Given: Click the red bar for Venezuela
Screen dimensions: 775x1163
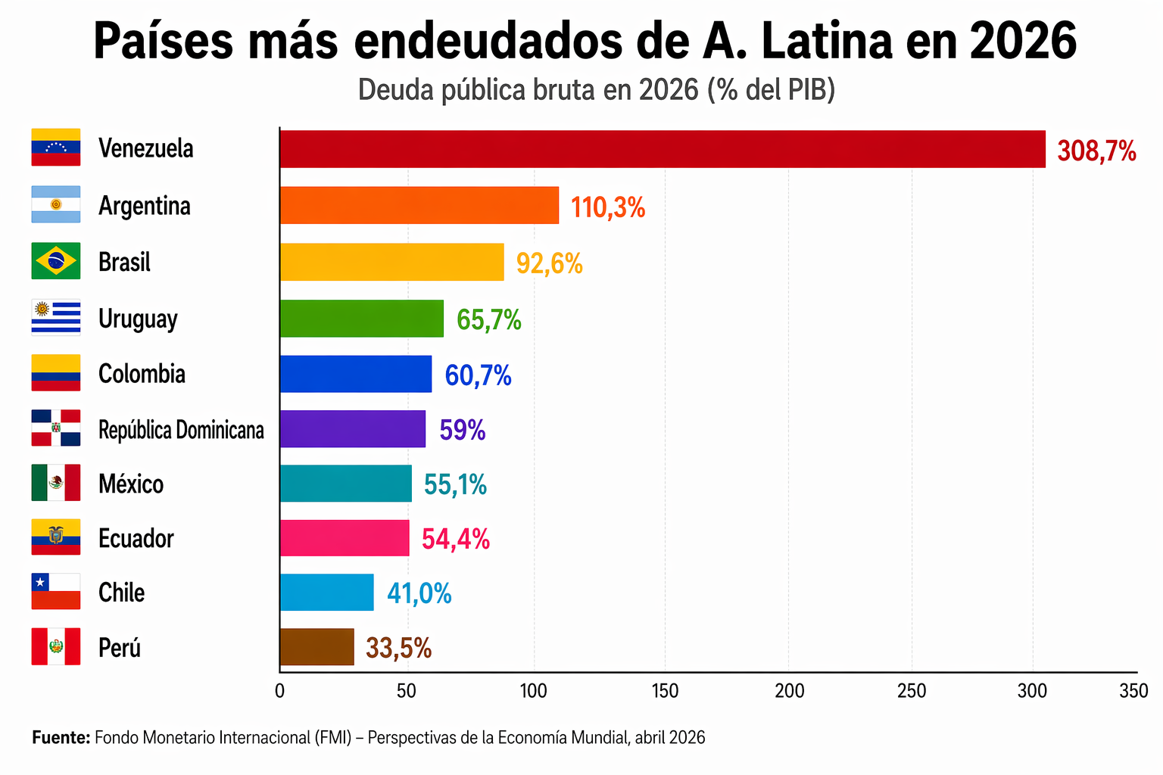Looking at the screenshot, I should (x=663, y=149).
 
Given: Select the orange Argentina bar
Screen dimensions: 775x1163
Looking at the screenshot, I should (x=419, y=205).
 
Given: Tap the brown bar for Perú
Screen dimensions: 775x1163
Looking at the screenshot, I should (x=316, y=647).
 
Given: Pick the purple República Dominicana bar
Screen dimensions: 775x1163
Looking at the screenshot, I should (x=352, y=429).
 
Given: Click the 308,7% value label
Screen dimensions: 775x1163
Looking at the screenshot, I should (x=1096, y=151).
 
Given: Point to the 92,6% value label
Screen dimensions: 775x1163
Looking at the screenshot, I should (x=549, y=263).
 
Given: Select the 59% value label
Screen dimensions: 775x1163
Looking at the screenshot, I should (x=462, y=430).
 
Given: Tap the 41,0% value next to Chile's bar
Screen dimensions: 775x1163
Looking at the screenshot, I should (x=419, y=593).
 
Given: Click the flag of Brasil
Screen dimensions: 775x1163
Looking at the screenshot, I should (x=55, y=261).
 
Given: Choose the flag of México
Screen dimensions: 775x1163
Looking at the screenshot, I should (x=55, y=483).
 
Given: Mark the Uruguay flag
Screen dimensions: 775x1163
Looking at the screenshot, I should (x=55, y=317).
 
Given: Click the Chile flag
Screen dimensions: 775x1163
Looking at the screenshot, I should (x=55, y=592).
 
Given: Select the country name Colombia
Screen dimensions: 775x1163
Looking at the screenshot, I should (x=142, y=374).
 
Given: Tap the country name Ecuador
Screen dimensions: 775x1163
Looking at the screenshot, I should (x=136, y=538).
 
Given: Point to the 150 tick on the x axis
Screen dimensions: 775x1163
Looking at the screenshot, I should (x=665, y=691).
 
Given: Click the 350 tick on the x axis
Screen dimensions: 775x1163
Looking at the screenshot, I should (x=1133, y=691).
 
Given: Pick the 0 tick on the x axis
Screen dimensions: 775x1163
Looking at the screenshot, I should (x=279, y=691).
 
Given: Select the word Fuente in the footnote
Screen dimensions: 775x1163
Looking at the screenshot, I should (x=61, y=737).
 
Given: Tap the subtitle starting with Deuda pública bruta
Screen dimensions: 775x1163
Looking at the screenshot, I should (x=596, y=89).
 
